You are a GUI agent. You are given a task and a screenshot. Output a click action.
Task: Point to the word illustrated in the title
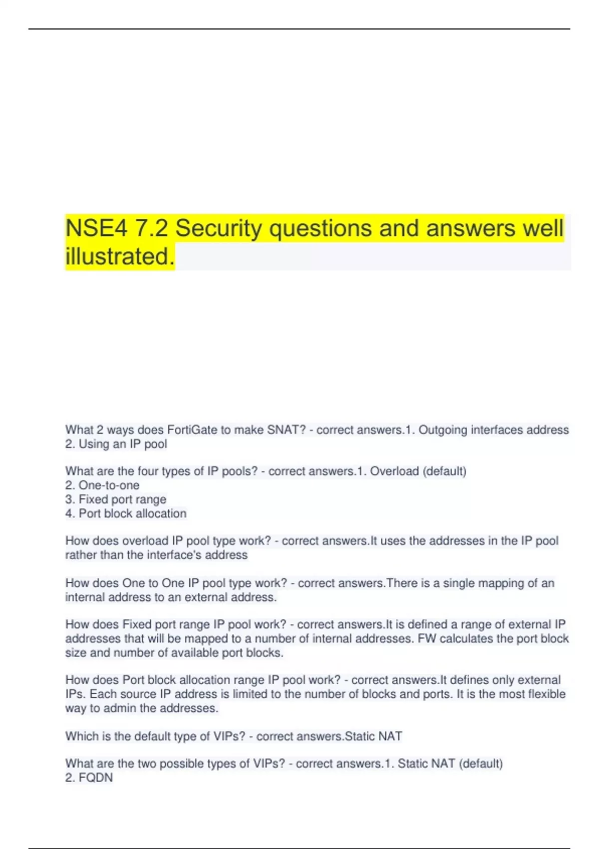tap(120, 257)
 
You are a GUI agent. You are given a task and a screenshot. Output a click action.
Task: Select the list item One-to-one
tap(108, 485)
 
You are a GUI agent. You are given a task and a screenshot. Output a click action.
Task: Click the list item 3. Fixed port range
tap(116, 499)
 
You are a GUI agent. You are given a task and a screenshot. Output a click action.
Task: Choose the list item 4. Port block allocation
tap(126, 513)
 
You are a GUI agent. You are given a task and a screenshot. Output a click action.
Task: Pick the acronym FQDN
tap(96, 778)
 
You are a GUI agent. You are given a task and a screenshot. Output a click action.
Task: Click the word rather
tap(81, 555)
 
